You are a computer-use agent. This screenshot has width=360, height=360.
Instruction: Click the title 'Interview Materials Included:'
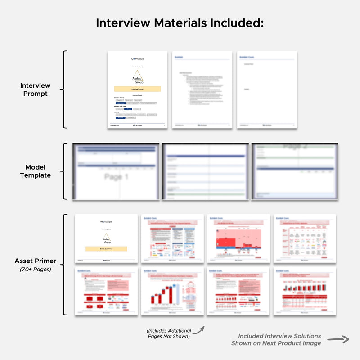pos(180,23)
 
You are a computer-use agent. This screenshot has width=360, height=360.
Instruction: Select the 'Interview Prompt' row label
pos(36,90)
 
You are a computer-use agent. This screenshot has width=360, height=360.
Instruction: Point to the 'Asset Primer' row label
pos(36,261)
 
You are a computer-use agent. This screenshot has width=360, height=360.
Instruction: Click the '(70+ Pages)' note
pos(36,270)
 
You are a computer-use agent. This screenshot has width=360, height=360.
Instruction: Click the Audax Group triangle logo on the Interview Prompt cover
pos(137,77)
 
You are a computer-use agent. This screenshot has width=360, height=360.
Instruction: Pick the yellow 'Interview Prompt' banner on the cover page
pos(137,89)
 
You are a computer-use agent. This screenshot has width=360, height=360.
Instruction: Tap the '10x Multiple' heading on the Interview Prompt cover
pos(137,58)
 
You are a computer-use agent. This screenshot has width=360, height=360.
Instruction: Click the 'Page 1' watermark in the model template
pos(116,177)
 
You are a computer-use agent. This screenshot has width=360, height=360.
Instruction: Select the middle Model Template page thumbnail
pos(205,171)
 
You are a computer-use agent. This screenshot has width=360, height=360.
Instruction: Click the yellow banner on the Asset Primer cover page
pos(107,248)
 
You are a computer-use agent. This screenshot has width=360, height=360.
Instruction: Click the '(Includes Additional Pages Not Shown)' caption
pos(169,333)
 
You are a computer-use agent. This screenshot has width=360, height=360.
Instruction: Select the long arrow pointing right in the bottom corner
pos(338,340)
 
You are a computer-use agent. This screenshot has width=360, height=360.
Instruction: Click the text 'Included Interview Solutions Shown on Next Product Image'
pos(276,340)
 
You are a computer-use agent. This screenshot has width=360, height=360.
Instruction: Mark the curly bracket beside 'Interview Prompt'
pos(65,90)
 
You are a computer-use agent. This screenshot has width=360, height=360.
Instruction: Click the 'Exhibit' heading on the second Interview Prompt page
pos(179,57)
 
